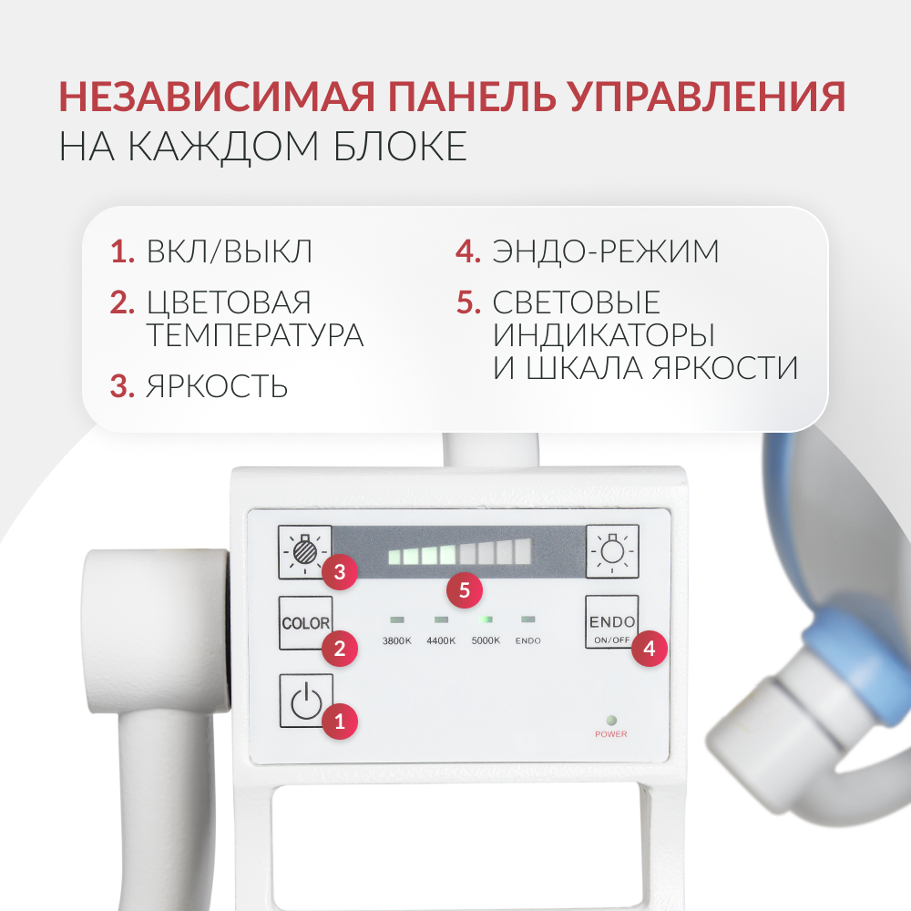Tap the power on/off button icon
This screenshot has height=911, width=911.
point(305,701)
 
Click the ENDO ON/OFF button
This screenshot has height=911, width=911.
point(611,622)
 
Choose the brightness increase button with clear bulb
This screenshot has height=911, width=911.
point(611,551)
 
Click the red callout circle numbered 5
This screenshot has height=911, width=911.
point(465,590)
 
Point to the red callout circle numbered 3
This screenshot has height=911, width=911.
point(340,572)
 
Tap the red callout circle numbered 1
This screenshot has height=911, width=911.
point(340,722)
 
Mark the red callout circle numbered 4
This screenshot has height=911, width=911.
point(649,649)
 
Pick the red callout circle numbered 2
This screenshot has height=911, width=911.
point(340,649)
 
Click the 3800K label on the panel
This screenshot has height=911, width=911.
point(396,640)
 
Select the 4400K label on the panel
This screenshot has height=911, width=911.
point(441,640)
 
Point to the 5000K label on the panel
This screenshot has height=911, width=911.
point(486,640)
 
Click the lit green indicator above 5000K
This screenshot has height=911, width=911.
point(486,619)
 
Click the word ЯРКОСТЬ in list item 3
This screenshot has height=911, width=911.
point(217,386)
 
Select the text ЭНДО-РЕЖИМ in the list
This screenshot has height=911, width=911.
point(606,251)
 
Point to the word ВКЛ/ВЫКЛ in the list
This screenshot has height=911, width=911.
point(230,251)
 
